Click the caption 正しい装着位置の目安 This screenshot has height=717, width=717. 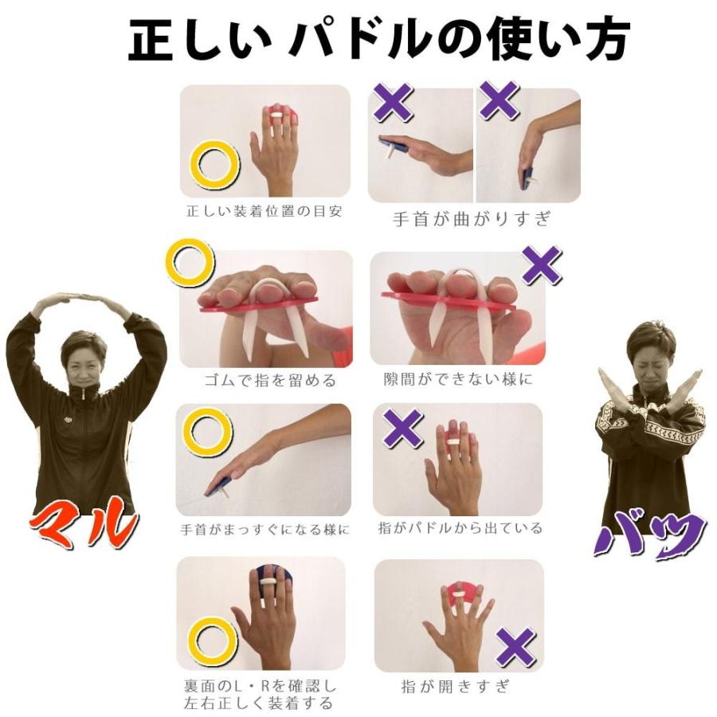[x=264, y=213]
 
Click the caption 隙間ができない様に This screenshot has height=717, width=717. [x=457, y=380]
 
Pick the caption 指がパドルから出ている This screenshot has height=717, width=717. [x=460, y=528]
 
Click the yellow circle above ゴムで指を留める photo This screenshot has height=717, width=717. [x=190, y=264]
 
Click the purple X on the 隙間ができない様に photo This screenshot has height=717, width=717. [x=542, y=265]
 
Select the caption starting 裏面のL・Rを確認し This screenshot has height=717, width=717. [x=264, y=694]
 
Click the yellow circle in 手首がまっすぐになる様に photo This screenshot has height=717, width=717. [x=207, y=431]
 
